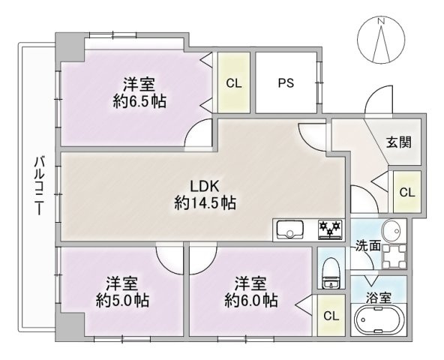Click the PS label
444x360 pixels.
(x=286, y=83)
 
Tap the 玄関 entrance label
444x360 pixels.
(x=399, y=142)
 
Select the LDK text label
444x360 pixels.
(x=205, y=187)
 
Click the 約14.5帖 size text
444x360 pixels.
(x=205, y=202)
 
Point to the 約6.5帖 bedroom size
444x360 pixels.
(x=139, y=101)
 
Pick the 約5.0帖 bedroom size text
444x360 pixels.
(x=122, y=301)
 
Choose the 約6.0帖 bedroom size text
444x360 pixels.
(x=251, y=301)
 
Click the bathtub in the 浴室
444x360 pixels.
(x=378, y=320)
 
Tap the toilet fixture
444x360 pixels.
(x=331, y=273)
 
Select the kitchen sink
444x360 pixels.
(x=290, y=229)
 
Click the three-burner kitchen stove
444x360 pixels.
(x=330, y=229)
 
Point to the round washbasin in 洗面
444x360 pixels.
(x=391, y=231)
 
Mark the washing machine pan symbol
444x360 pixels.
(x=394, y=256)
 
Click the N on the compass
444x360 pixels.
(x=382, y=21)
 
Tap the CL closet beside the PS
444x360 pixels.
(x=233, y=83)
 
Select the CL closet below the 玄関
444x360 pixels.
(x=407, y=192)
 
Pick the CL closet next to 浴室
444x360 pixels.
(x=331, y=316)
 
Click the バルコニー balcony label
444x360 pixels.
(x=39, y=185)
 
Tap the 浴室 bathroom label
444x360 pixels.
(x=379, y=298)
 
